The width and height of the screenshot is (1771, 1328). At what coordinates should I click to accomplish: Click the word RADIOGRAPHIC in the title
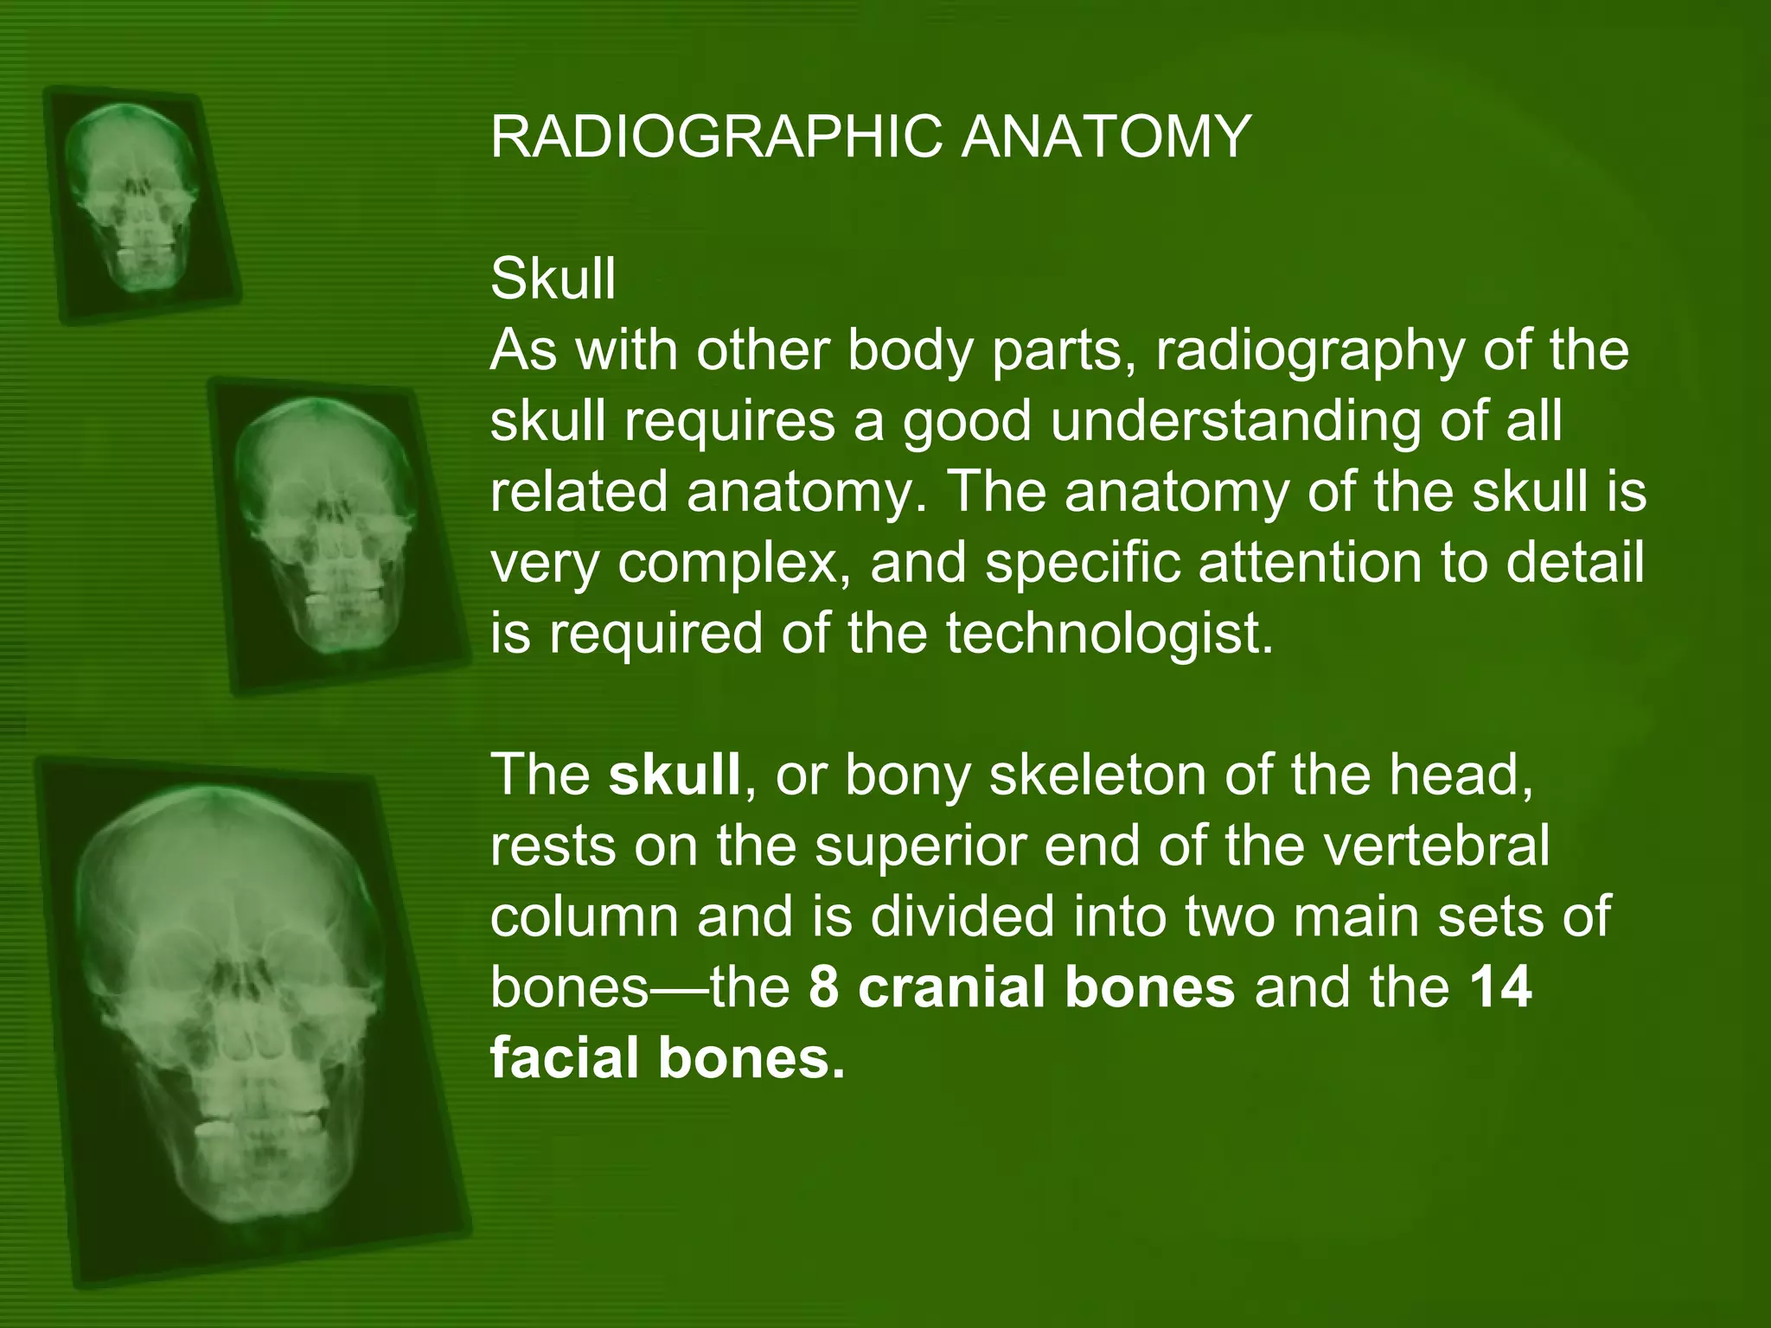[x=716, y=137]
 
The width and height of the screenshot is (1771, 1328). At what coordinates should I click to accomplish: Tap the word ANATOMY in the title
[x=1106, y=137]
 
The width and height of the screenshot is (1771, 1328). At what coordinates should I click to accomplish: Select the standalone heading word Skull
[x=553, y=279]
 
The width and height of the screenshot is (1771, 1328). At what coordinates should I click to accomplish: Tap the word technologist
[x=1109, y=634]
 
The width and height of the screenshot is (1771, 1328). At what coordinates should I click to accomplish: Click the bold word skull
[x=675, y=775]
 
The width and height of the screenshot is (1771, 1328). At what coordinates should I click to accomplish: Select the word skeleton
[x=1097, y=775]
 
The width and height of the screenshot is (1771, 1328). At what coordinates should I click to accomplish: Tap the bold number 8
[x=824, y=987]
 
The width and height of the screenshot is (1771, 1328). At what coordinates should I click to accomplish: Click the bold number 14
[x=1501, y=987]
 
